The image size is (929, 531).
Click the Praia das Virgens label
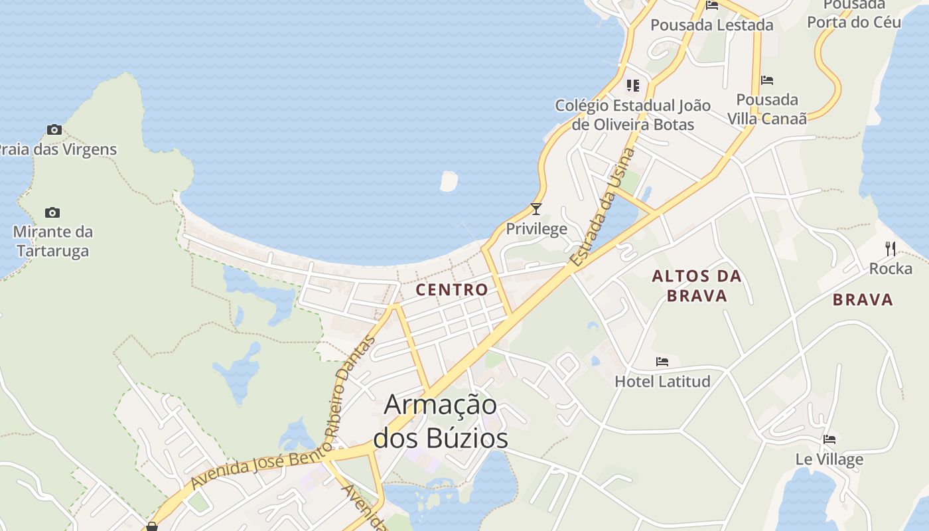(58, 149)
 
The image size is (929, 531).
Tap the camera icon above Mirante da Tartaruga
(52, 212)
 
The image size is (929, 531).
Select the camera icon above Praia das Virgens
(54, 129)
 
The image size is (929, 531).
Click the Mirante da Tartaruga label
(53, 242)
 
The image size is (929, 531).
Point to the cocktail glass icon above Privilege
(536, 209)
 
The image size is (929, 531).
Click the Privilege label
(536, 229)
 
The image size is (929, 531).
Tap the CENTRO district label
(452, 289)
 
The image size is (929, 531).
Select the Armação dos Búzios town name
(441, 421)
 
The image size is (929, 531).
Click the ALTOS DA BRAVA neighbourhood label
(697, 285)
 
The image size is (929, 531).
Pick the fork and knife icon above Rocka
(891, 249)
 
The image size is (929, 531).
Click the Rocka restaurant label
(891, 269)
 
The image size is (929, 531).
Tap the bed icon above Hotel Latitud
(662, 362)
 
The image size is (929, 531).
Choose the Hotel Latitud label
(662, 381)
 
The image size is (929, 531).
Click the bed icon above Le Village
(829, 439)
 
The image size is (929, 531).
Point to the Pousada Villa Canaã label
(767, 109)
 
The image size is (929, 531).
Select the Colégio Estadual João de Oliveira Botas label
(632, 115)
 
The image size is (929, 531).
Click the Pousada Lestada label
(711, 25)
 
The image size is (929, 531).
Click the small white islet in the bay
(449, 181)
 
